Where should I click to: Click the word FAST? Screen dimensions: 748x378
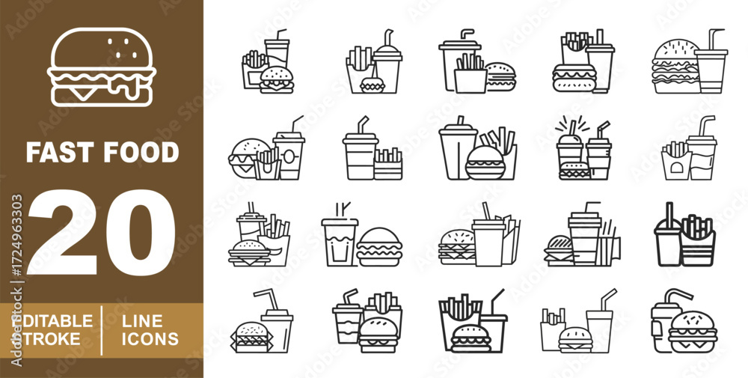click(59, 152)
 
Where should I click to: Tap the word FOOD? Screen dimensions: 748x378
click(141, 152)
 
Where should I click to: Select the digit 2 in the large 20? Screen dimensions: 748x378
click(63, 232)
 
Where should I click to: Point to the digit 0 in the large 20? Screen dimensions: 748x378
click(141, 232)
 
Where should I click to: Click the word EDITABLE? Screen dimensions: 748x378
click(52, 320)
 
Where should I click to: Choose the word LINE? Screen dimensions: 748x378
click(142, 320)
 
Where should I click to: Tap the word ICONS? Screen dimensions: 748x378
click(150, 339)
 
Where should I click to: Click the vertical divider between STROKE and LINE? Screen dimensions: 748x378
click(102, 330)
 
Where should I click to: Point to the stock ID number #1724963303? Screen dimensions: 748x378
click(16, 235)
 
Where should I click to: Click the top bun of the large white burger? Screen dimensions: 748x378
click(102, 49)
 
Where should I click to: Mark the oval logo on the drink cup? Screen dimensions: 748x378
click(289, 156)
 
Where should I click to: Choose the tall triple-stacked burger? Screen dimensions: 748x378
click(676, 67)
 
